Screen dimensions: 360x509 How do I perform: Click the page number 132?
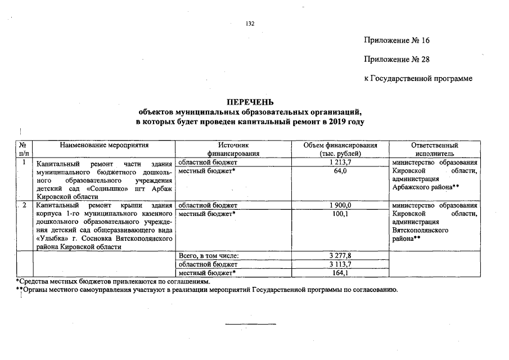(250, 24)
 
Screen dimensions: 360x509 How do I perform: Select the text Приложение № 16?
(397, 40)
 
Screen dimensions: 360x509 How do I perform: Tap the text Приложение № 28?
(397, 60)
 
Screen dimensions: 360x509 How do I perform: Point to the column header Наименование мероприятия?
(105, 145)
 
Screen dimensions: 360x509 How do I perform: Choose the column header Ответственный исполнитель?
(431, 149)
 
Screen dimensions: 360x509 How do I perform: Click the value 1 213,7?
(340, 163)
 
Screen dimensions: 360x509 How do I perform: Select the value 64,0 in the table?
(340, 171)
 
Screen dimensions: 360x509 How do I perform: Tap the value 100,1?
(340, 214)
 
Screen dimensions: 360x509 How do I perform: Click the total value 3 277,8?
(340, 256)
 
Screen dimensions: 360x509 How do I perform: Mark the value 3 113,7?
(340, 264)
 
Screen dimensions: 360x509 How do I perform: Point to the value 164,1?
(340, 273)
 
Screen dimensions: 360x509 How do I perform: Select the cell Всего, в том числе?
(209, 256)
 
